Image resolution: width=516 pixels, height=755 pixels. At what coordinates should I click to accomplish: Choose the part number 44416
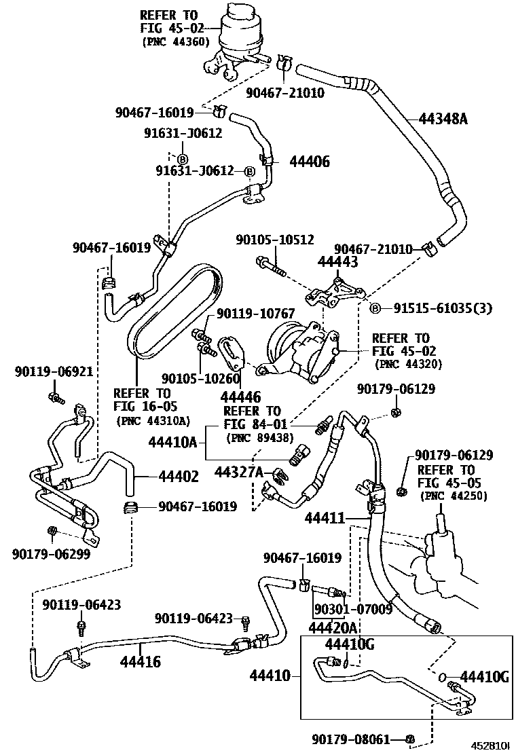point(141,659)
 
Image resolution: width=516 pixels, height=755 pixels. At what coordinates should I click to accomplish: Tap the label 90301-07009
point(353,609)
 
